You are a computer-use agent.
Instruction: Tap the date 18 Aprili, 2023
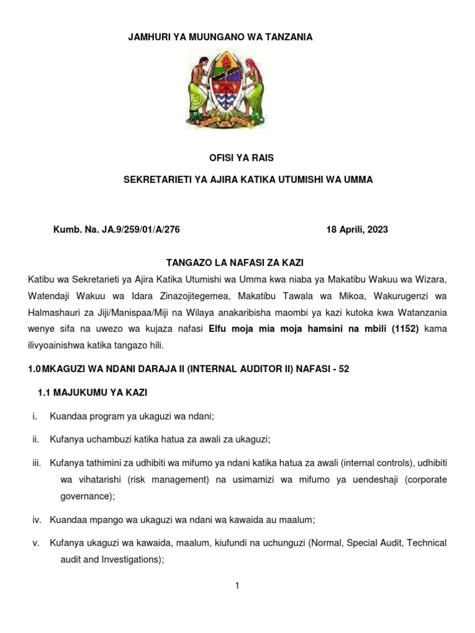pos(357,230)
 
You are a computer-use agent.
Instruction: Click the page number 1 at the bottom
pos(237,585)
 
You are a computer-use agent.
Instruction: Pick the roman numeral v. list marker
pos(35,543)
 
